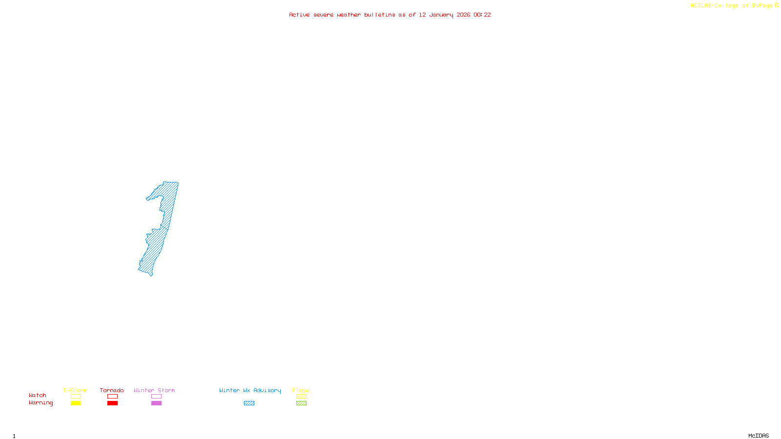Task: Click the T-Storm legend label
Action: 75,390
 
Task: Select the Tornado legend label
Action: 112,390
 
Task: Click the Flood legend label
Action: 301,390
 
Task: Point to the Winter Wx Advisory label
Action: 250,390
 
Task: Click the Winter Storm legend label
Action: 154,390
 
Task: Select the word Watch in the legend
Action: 38,395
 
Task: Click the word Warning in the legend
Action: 41,403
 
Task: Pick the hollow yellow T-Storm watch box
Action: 76,397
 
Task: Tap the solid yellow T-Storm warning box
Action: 76,403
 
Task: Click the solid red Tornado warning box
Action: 112,403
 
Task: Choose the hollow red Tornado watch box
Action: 112,397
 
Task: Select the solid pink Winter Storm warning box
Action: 156,403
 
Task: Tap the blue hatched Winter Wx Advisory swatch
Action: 249,403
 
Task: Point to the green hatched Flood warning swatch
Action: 301,403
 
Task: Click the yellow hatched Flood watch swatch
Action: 301,397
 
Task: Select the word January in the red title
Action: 441,15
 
